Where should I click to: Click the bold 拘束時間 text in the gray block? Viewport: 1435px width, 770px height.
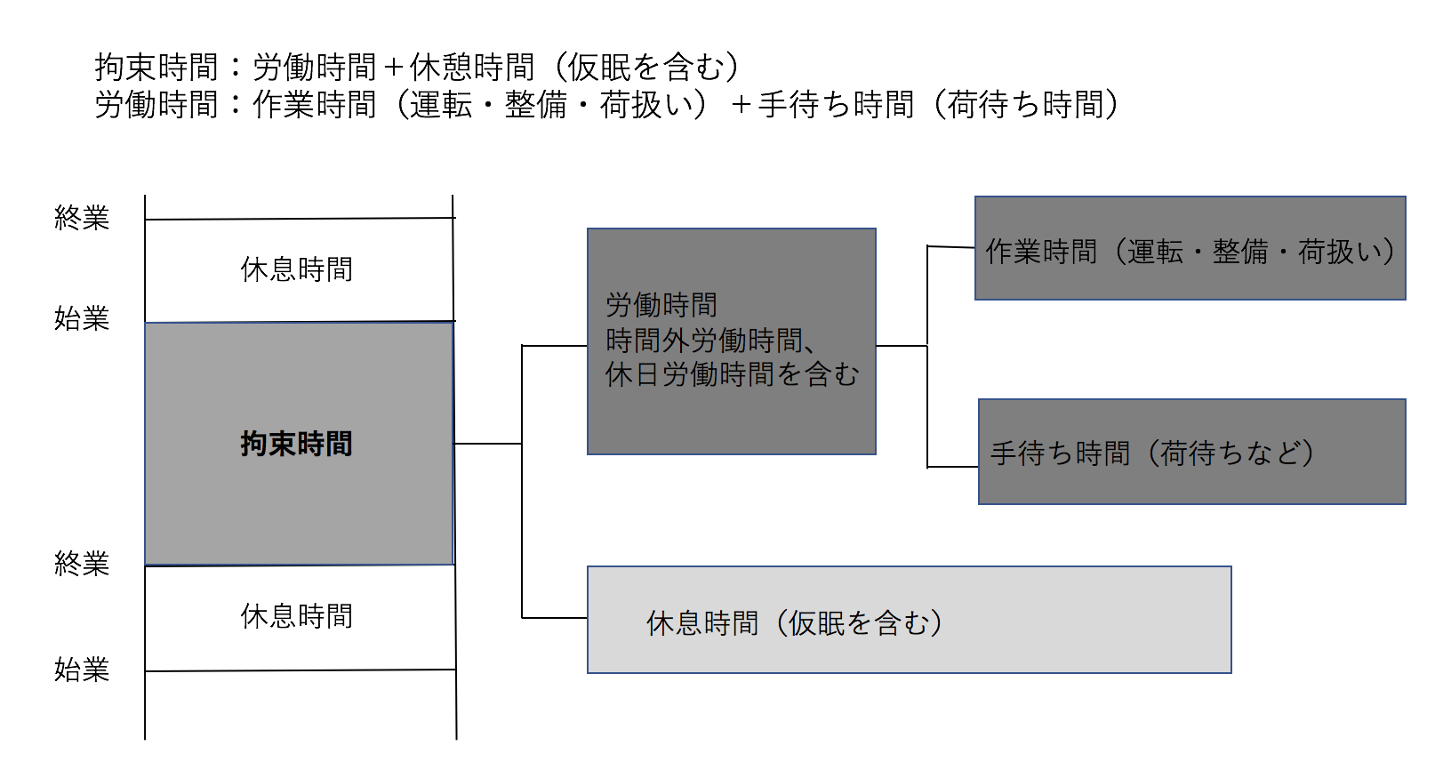pyautogui.click(x=297, y=444)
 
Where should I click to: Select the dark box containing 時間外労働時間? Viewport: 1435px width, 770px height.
pyautogui.click(x=732, y=341)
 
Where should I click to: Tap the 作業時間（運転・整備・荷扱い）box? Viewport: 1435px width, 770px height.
pyautogui.click(x=1190, y=248)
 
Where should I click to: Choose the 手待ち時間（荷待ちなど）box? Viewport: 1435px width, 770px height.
pyautogui.click(x=1192, y=452)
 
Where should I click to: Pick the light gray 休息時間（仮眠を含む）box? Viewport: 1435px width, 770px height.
pyautogui.click(x=909, y=620)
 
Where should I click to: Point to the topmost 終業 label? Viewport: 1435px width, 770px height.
pyautogui.click(x=82, y=218)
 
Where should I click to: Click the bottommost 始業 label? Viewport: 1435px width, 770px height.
pyautogui.click(x=82, y=670)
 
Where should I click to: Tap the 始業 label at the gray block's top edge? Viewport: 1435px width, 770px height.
pyautogui.click(x=82, y=318)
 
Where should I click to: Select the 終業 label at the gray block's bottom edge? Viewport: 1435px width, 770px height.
pyautogui.click(x=82, y=564)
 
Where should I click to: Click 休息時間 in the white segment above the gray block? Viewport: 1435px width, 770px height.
pyautogui.click(x=297, y=269)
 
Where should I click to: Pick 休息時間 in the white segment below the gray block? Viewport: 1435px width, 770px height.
pyautogui.click(x=297, y=616)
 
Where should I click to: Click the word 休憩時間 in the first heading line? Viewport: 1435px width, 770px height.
pyautogui.click(x=472, y=67)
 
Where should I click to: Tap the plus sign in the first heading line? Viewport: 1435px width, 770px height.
pyautogui.click(x=393, y=68)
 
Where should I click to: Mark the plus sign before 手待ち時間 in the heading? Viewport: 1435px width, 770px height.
pyautogui.click(x=742, y=105)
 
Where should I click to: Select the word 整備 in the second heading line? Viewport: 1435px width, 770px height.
pyautogui.click(x=535, y=104)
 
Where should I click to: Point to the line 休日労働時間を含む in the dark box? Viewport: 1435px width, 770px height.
pyautogui.click(x=732, y=374)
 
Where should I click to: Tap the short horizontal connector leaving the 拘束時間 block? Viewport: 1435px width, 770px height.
pyautogui.click(x=487, y=444)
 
